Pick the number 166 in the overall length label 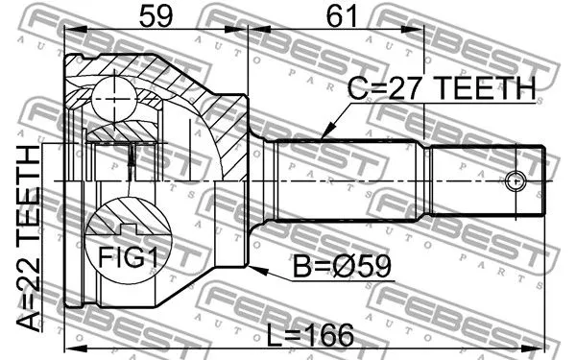[x=331, y=335]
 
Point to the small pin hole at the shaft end [x=515, y=180]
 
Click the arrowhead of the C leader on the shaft [x=324, y=138]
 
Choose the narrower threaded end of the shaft [x=485, y=180]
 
